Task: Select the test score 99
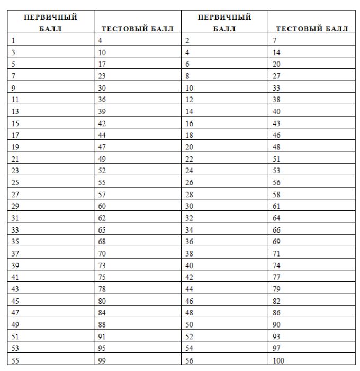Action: (102, 361)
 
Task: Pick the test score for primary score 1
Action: (101, 40)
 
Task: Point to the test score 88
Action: (102, 325)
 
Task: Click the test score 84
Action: (102, 313)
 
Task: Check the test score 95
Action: (102, 349)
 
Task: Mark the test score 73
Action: (102, 265)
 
